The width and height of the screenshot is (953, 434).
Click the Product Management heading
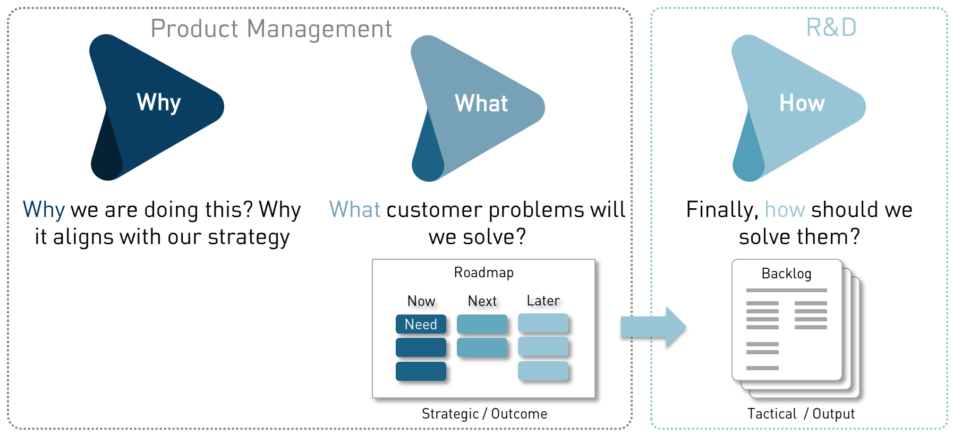tap(271, 29)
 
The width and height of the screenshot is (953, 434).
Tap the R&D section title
tap(831, 28)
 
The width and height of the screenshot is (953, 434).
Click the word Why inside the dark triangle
tap(159, 102)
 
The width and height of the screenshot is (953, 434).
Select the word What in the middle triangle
tap(481, 103)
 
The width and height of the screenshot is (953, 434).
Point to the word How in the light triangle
tap(802, 103)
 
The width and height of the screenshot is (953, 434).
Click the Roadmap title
tap(483, 273)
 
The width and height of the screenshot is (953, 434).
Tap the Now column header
tap(421, 301)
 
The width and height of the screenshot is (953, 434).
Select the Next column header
tap(482, 301)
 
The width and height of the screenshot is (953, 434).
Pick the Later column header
tap(543, 301)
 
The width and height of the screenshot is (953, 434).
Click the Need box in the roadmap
tap(421, 324)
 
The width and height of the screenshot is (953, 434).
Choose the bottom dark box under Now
tap(421, 371)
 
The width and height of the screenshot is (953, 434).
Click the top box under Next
tap(482, 324)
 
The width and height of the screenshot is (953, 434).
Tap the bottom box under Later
tap(543, 371)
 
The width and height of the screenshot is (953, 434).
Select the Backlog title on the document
tap(786, 274)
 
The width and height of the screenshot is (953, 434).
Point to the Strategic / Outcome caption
tap(484, 414)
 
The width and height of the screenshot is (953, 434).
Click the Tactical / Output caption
tap(801, 414)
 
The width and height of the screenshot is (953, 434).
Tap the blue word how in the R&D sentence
tap(785, 210)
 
